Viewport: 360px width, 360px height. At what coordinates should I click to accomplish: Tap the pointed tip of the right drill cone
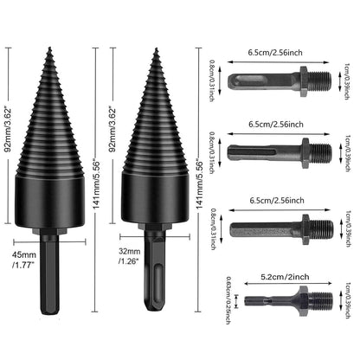(x=156, y=50)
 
